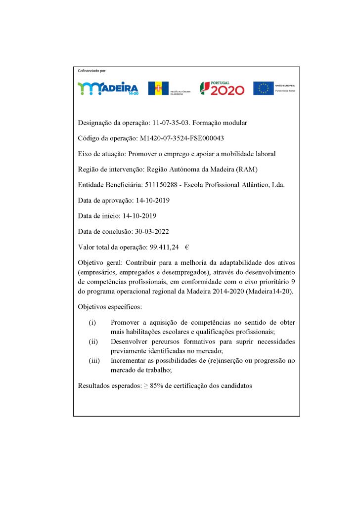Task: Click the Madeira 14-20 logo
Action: coord(108,88)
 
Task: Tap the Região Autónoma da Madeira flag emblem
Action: coord(158,88)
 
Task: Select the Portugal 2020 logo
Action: coord(222,88)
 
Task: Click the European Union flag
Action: coord(264,88)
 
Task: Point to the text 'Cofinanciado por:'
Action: coord(92,72)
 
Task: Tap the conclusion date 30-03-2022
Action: coord(149,231)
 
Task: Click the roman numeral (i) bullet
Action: coord(92,323)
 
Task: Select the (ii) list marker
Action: coord(93,341)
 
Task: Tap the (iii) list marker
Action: coord(94,360)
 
